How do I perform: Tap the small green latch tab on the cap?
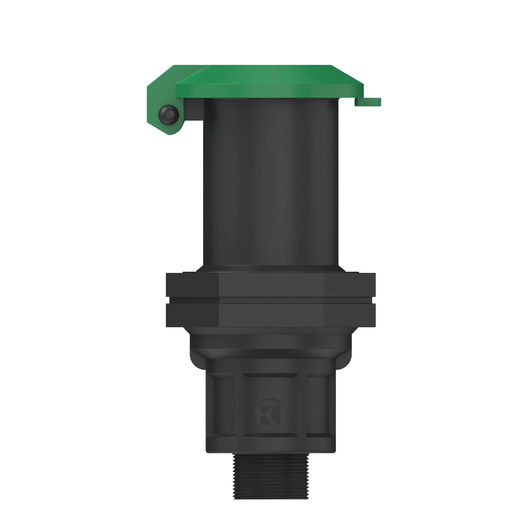[368, 102]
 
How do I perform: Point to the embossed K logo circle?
[271, 415]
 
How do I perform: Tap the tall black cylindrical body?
[271, 183]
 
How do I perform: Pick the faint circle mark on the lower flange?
[271, 315]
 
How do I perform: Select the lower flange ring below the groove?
[271, 315]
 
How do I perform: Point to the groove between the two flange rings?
[271, 300]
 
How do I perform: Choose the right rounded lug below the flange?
[343, 359]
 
